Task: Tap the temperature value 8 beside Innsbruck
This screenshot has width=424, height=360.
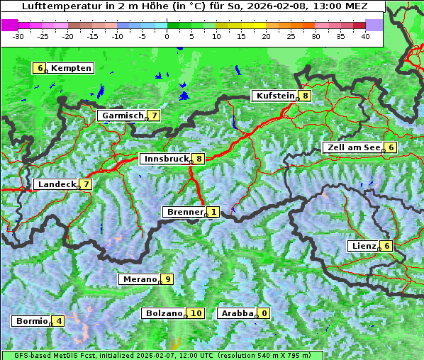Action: click(x=199, y=159)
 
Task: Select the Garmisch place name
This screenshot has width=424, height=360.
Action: click(x=122, y=116)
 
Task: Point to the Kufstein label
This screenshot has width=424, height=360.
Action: click(x=274, y=96)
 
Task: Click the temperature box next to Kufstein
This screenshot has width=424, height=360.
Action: click(x=305, y=96)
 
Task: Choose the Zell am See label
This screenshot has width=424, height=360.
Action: click(x=352, y=147)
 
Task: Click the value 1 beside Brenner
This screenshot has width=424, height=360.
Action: click(x=213, y=212)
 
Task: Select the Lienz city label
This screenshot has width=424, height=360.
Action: click(x=364, y=246)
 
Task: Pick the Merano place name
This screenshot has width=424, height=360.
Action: click(x=139, y=279)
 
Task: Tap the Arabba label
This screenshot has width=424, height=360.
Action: click(x=237, y=313)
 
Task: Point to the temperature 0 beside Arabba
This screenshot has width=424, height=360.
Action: click(x=264, y=313)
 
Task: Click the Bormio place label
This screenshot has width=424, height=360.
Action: click(x=31, y=321)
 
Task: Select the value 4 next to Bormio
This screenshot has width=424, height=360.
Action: click(x=58, y=321)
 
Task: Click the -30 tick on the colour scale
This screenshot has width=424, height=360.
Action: click(x=18, y=35)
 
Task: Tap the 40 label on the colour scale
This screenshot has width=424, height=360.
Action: click(x=365, y=35)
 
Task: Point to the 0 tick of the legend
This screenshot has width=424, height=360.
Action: click(x=167, y=35)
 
